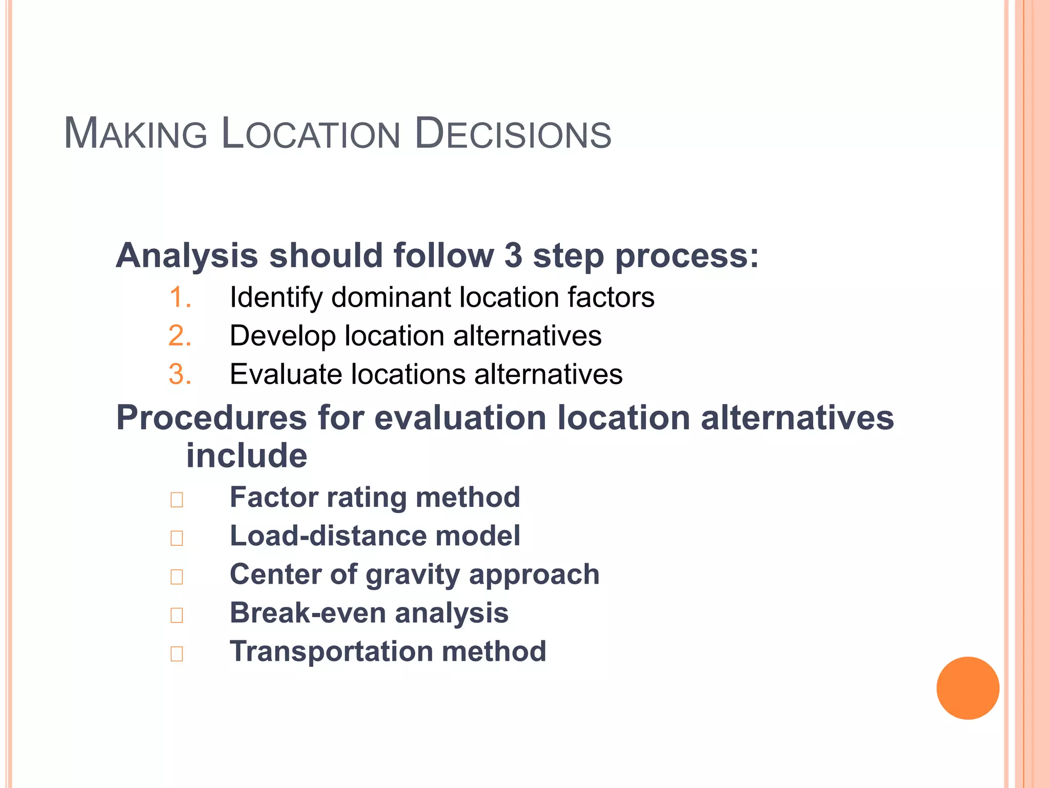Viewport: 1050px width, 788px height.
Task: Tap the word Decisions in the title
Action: pyautogui.click(x=513, y=134)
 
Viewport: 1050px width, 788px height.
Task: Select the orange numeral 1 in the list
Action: pyautogui.click(x=179, y=298)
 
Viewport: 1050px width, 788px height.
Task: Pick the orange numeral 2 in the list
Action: pyautogui.click(x=179, y=336)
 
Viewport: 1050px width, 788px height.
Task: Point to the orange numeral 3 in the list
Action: pyautogui.click(x=179, y=375)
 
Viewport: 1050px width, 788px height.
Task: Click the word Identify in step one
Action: pyautogui.click(x=276, y=298)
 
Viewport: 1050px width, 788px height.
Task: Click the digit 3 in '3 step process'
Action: pyautogui.click(x=513, y=255)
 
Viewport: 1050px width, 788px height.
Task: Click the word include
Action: pyautogui.click(x=247, y=456)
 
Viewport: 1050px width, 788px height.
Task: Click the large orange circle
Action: pyautogui.click(x=967, y=688)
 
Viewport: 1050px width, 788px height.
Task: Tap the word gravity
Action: pyautogui.click(x=413, y=575)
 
